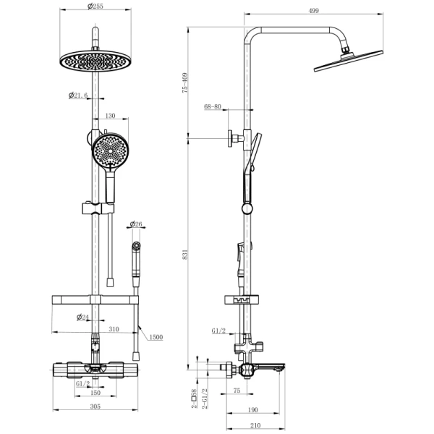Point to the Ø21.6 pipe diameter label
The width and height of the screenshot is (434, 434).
(x=79, y=95)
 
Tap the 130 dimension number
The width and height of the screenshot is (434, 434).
(x=111, y=116)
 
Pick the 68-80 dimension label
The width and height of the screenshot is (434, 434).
(x=213, y=107)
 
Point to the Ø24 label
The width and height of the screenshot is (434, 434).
(x=82, y=317)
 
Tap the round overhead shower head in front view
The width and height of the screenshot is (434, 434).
(x=95, y=60)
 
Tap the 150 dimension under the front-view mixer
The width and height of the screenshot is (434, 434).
(x=95, y=393)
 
